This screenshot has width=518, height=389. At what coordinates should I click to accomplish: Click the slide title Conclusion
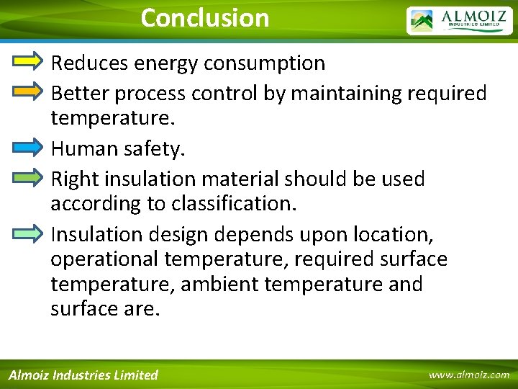point(205,18)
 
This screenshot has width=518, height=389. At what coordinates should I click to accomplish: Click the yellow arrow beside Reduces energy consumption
point(29,63)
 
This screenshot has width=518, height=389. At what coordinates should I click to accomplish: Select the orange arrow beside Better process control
point(29,91)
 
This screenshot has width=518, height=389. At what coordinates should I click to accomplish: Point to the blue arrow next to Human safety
point(29,148)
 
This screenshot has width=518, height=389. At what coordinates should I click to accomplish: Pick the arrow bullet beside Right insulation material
point(29,177)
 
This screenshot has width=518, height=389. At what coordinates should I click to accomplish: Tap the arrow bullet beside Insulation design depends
point(29,233)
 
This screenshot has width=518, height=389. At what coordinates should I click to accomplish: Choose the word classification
point(232,204)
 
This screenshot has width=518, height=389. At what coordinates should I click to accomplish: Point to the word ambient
point(220,285)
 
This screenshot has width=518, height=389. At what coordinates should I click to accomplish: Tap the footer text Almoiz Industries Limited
point(83,375)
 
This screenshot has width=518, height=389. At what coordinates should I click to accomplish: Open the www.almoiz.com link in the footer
point(468,375)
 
